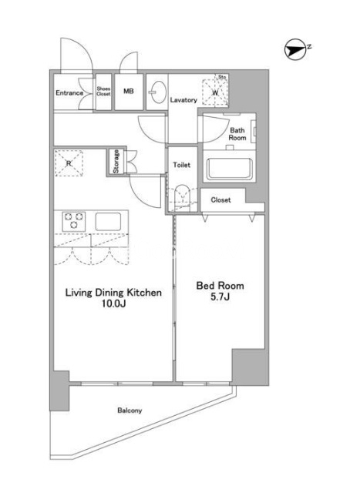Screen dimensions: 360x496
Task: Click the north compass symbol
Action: click(x=297, y=49)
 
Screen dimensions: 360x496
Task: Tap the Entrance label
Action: click(x=69, y=93)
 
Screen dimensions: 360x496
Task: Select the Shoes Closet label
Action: click(x=103, y=92)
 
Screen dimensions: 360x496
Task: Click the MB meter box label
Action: click(x=129, y=91)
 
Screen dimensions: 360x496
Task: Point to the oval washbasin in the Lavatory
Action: click(x=157, y=92)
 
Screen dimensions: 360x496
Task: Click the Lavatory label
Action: click(x=183, y=100)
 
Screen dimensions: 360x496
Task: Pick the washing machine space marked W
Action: click(x=215, y=92)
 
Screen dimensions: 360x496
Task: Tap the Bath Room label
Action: click(x=237, y=134)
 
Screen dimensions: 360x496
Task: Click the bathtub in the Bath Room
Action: click(x=230, y=169)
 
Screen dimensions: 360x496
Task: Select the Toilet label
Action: click(x=182, y=165)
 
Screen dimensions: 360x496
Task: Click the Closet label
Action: click(x=220, y=200)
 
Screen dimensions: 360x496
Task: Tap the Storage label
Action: click(x=116, y=161)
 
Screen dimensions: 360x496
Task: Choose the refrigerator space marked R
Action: click(x=69, y=163)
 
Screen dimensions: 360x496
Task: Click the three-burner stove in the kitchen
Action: click(x=74, y=220)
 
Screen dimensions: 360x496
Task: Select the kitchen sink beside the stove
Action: click(x=108, y=222)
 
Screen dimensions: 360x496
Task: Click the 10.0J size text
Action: click(x=113, y=304)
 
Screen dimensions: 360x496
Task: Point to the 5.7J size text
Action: click(x=220, y=297)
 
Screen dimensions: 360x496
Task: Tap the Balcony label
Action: click(x=130, y=411)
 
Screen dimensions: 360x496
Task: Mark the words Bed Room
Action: click(x=220, y=286)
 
